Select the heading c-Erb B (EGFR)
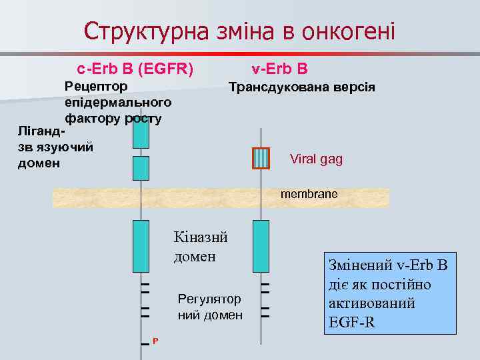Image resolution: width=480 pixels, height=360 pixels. [x=135, y=69]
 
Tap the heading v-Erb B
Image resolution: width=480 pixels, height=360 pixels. [x=279, y=69]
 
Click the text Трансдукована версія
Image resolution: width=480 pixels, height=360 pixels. [x=301, y=87]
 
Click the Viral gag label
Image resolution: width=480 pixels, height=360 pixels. [x=316, y=159]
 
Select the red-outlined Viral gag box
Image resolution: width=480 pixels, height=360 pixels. [x=261, y=159]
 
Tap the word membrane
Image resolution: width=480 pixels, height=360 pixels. [x=309, y=194]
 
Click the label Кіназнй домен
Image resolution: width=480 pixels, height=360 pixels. [x=201, y=246]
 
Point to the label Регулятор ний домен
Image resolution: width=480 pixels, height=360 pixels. [x=210, y=307]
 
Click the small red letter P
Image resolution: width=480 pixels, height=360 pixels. [x=155, y=341]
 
